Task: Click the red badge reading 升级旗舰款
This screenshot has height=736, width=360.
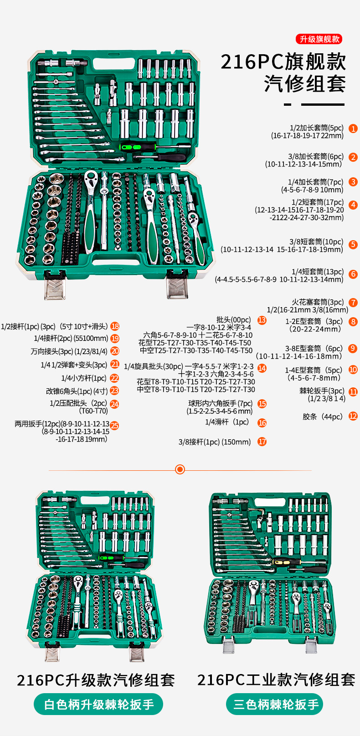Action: (319, 39)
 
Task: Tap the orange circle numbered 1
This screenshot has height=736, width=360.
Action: (353, 129)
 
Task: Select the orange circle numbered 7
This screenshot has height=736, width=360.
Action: (353, 303)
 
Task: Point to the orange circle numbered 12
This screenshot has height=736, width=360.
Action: (353, 416)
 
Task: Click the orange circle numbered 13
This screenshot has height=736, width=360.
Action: (262, 320)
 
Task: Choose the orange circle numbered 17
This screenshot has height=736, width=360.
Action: (262, 442)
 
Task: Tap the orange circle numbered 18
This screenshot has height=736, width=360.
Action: (115, 326)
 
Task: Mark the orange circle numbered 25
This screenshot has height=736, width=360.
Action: (114, 426)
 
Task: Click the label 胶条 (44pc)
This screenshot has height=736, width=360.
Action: (323, 417)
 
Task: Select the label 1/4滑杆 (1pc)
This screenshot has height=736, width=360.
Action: (227, 422)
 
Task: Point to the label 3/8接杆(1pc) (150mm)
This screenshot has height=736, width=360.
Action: (215, 442)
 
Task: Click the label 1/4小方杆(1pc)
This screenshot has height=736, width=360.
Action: (84, 378)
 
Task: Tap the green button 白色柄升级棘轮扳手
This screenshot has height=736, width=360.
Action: (98, 705)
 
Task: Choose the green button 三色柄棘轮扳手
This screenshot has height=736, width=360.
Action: (275, 705)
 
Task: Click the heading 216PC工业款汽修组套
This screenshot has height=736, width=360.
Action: (276, 680)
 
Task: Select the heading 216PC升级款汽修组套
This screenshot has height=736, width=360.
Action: (96, 680)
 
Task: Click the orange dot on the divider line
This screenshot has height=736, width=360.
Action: (180, 469)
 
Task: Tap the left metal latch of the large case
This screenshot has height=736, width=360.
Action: (55, 286)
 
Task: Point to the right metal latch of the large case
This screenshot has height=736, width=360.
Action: (177, 286)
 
